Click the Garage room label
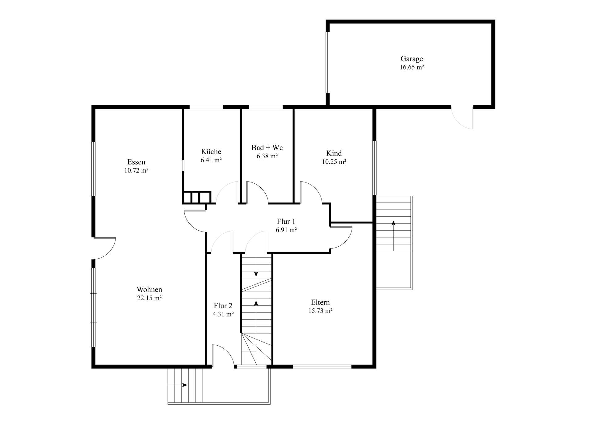(x=411, y=59)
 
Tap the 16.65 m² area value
(x=412, y=67)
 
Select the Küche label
(x=211, y=151)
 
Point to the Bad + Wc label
(x=267, y=147)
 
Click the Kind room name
(x=334, y=153)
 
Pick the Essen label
(x=136, y=162)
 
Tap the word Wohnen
(x=149, y=290)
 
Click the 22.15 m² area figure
(x=149, y=298)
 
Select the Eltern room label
(x=320, y=302)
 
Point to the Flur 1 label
(x=286, y=221)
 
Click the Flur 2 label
(x=223, y=306)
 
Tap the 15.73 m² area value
(x=320, y=311)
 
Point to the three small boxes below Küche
(x=197, y=197)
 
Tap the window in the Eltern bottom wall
(x=322, y=367)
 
